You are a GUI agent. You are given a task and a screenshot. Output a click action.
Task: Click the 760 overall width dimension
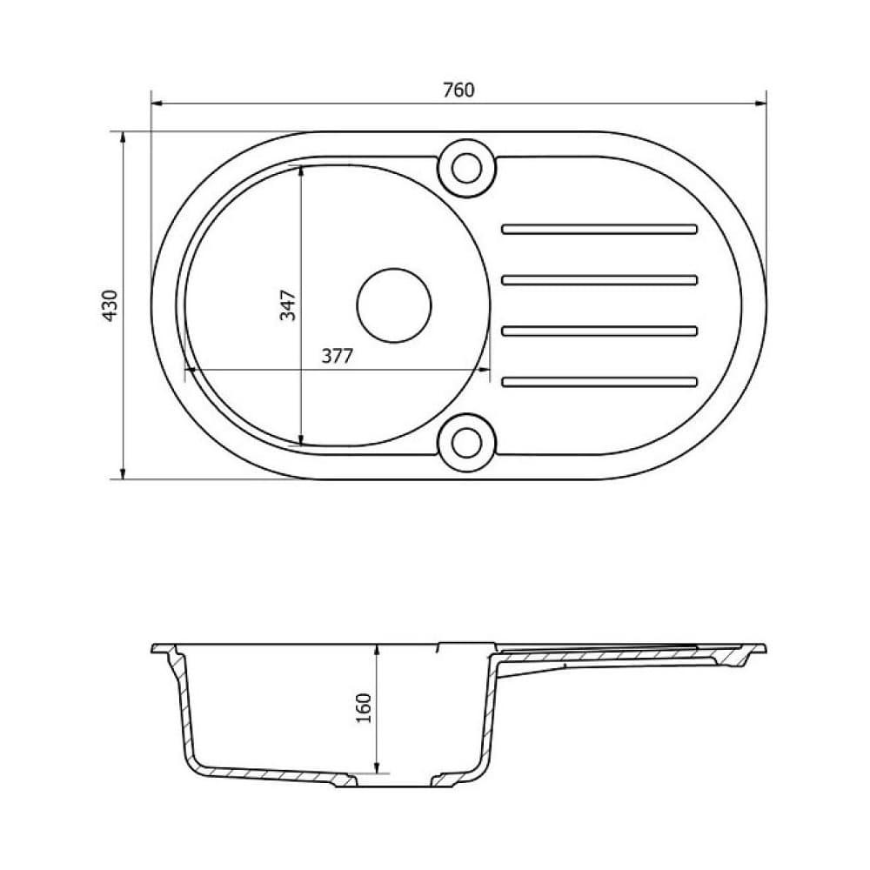pyautogui.click(x=458, y=90)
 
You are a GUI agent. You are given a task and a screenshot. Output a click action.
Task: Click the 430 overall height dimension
pyautogui.click(x=110, y=305)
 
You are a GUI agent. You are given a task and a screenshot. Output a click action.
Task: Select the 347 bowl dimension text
pyautogui.click(x=288, y=305)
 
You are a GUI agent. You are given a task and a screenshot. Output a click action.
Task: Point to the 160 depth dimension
pyautogui.click(x=364, y=708)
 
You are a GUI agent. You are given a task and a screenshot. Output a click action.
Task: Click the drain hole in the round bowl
pyautogui.click(x=394, y=304)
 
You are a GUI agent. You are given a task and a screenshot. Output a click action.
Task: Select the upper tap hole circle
pyautogui.click(x=467, y=166)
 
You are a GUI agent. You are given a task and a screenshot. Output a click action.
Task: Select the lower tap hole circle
pyautogui.click(x=467, y=444)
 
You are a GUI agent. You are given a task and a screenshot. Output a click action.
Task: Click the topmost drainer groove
pyautogui.click(x=599, y=230)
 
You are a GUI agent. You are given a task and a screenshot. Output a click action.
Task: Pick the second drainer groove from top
pyautogui.click(x=599, y=279)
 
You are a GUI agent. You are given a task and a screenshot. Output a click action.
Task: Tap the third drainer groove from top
pyautogui.click(x=599, y=330)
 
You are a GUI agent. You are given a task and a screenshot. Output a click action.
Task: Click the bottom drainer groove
pyautogui.click(x=599, y=380)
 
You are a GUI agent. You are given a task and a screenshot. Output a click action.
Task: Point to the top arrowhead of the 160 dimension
pyautogui.click(x=377, y=650)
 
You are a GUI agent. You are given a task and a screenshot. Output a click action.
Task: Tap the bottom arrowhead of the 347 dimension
pyautogui.click(x=301, y=439)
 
